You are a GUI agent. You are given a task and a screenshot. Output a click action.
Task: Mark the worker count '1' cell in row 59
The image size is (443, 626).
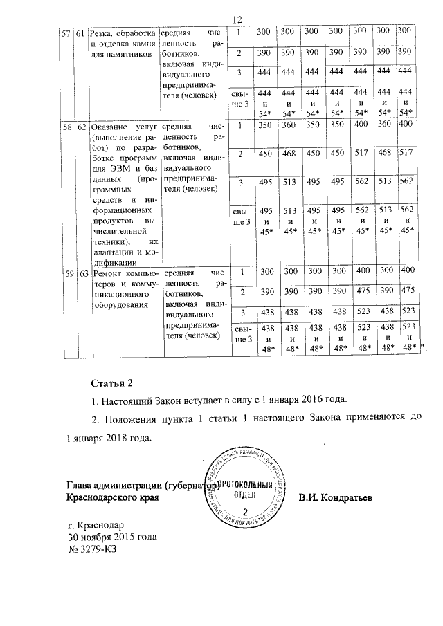pos(239,270)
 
